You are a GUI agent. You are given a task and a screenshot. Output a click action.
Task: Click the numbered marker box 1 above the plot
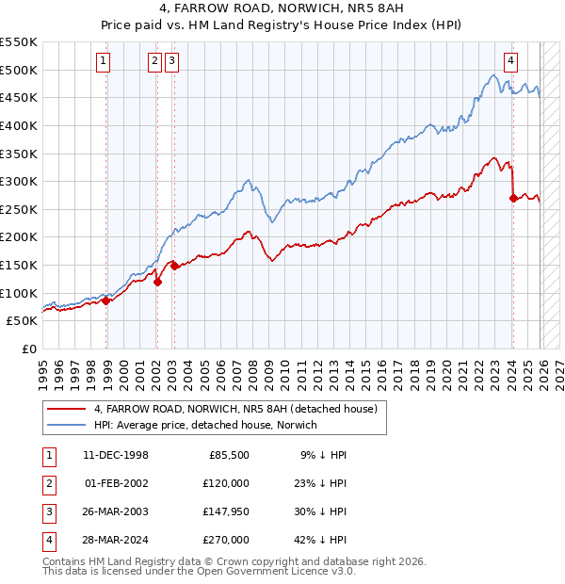(x=103, y=61)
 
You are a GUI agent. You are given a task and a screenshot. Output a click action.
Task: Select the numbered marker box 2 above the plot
(x=154, y=61)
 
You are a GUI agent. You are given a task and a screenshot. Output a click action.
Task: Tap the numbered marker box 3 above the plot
(x=172, y=61)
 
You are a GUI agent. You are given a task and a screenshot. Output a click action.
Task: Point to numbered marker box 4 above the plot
(x=510, y=61)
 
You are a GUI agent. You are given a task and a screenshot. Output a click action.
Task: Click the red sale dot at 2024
(x=512, y=198)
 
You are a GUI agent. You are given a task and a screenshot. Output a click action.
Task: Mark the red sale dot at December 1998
(x=106, y=300)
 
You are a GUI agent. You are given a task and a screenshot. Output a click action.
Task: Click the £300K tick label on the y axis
(x=19, y=181)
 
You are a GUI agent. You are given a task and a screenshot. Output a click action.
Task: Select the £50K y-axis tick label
(x=23, y=321)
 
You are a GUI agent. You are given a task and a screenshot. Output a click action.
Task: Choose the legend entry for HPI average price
(x=205, y=425)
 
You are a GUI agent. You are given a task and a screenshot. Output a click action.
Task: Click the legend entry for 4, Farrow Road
(x=235, y=409)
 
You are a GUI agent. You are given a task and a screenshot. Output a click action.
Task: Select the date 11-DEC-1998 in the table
(x=116, y=455)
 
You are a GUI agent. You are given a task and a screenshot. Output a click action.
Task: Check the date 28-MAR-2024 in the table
(x=116, y=540)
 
